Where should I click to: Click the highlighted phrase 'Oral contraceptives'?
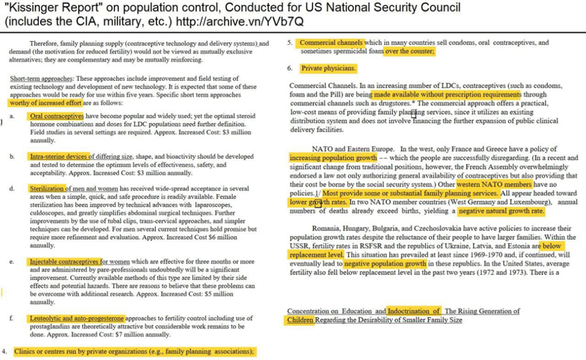click(x=57, y=116)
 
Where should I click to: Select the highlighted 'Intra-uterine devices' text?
click(x=59, y=156)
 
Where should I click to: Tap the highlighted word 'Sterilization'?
click(x=46, y=188)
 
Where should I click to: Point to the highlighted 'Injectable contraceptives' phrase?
click(x=65, y=261)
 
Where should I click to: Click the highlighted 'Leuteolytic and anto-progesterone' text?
click(x=76, y=318)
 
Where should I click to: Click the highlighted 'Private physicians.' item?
click(x=329, y=68)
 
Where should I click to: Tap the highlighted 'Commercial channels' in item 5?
click(x=331, y=42)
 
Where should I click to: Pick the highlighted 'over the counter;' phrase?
click(x=410, y=51)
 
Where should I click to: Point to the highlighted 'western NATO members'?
click(x=494, y=185)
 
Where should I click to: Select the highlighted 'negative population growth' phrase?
click(x=385, y=264)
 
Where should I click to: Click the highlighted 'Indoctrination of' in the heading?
click(x=414, y=311)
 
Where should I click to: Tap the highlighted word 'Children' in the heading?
click(x=300, y=319)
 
